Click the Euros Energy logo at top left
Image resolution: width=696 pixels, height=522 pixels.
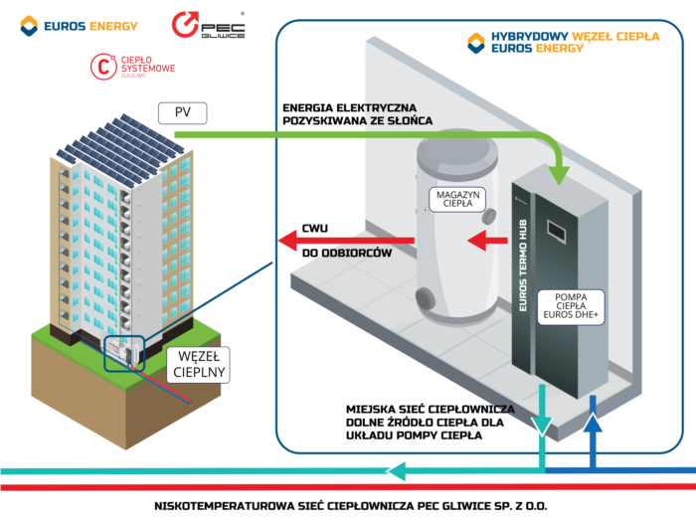tap(79, 25)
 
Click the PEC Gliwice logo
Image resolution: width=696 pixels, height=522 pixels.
tap(209, 26)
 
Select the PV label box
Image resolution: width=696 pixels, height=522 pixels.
tap(182, 111)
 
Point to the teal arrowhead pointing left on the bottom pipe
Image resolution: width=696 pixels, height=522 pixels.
tap(399, 471)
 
